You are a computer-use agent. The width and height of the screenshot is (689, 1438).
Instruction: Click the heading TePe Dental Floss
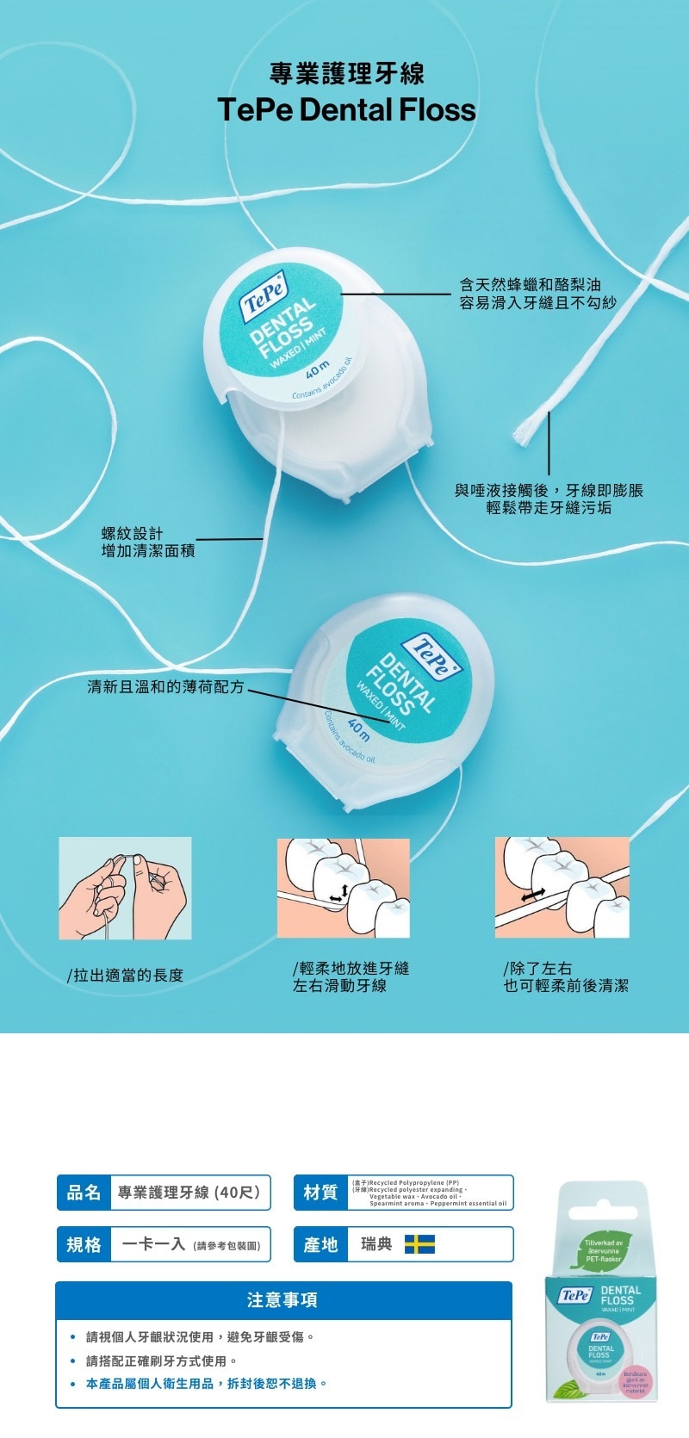(346, 110)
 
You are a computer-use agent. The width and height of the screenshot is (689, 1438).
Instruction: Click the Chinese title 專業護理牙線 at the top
(346, 73)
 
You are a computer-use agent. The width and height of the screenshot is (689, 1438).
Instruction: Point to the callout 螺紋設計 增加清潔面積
(148, 542)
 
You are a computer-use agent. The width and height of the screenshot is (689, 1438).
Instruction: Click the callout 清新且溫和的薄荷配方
(165, 686)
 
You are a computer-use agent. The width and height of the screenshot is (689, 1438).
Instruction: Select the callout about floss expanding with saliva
(549, 499)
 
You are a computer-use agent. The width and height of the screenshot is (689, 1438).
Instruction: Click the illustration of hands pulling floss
(125, 888)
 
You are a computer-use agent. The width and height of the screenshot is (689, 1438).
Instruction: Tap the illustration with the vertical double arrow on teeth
(343, 888)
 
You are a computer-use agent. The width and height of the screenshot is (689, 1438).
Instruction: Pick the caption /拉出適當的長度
(126, 975)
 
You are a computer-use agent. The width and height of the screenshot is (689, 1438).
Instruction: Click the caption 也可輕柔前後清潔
(566, 986)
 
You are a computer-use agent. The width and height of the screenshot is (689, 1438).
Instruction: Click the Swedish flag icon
(419, 1244)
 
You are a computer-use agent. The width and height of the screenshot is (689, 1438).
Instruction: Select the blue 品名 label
(84, 1193)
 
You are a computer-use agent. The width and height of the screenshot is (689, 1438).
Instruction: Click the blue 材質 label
(320, 1193)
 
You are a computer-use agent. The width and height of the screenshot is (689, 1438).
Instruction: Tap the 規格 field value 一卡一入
(155, 1244)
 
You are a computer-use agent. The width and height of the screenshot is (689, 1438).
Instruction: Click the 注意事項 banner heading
(282, 1299)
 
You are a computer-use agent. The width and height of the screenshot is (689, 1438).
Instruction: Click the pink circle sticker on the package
(636, 1382)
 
